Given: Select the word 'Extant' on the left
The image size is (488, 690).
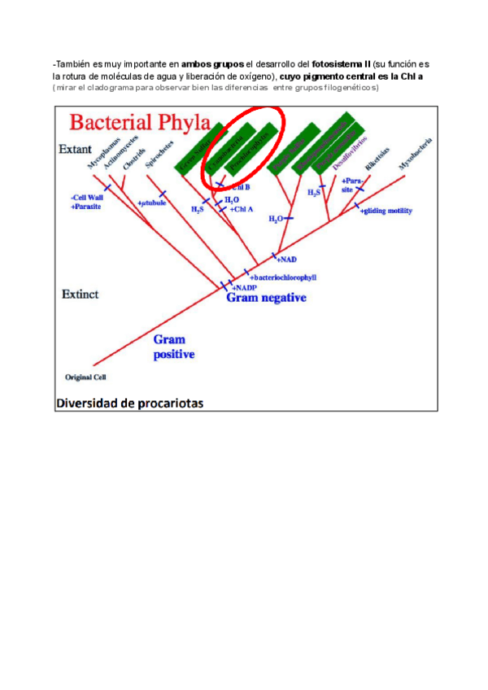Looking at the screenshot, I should pos(75,150).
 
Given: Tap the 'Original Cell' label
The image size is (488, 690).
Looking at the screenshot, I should pos(85,377).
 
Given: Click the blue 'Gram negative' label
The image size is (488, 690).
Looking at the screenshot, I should pos(266,299).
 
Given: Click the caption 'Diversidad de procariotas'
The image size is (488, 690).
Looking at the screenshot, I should pos(129,402).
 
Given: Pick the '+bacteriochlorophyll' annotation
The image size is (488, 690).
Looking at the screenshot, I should pos(282,277).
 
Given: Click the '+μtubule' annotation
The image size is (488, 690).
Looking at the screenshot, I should pos(152,202).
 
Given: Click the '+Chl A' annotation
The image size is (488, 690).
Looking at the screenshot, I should pos(243,209).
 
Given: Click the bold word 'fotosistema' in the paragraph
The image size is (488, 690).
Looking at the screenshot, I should pos(337,64).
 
